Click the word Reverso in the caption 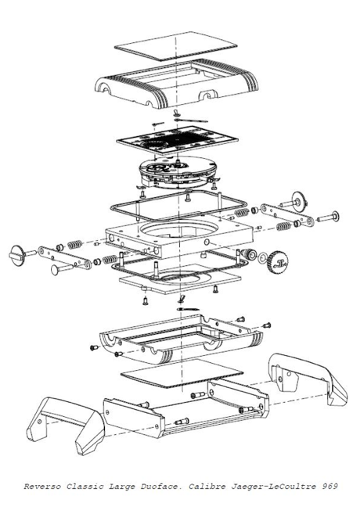click(x=42, y=487)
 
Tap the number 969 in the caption click(x=329, y=487)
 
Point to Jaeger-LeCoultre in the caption click(x=273, y=487)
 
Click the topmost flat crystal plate click(x=176, y=45)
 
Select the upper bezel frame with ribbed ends click(x=176, y=84)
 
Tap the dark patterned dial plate click(x=178, y=141)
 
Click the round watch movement click(x=178, y=171)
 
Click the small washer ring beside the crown click(x=262, y=258)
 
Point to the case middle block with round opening click(x=179, y=235)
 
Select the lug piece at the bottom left click(x=65, y=425)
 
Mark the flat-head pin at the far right click(x=328, y=217)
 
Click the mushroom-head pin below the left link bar click(x=63, y=268)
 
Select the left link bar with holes click(x=64, y=257)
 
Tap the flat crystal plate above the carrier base click(x=182, y=373)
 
